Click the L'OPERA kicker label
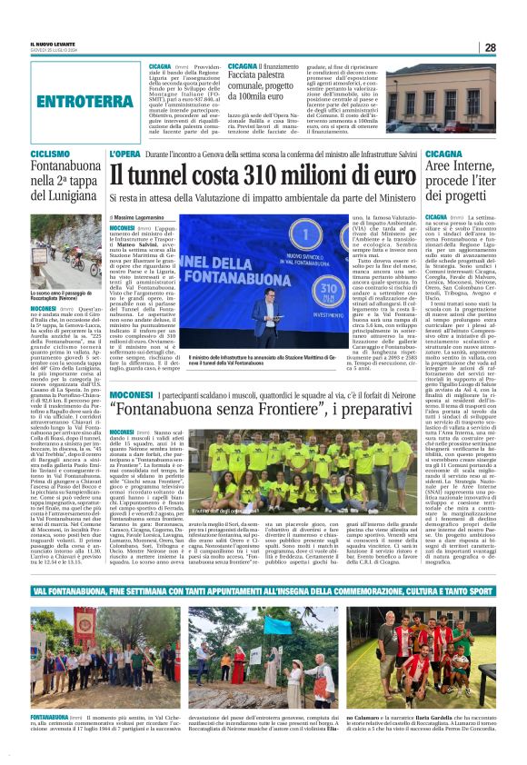coord(126,155)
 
